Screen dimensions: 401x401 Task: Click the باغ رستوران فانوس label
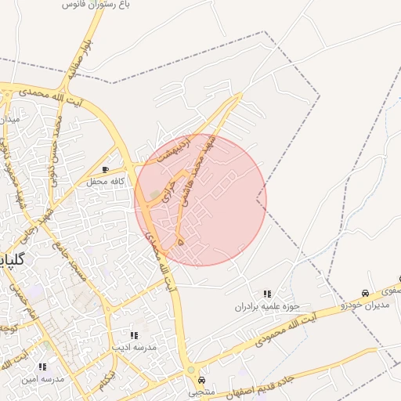pyautogui.click(x=97, y=5)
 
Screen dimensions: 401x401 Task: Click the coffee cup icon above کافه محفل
pyautogui.click(x=106, y=169)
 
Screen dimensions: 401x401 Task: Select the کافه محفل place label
pyautogui.click(x=107, y=182)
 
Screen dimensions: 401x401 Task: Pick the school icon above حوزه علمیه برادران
pyautogui.click(x=267, y=294)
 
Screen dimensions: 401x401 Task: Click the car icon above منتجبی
pyautogui.click(x=202, y=378)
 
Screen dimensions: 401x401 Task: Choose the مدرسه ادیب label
pyautogui.click(x=134, y=346)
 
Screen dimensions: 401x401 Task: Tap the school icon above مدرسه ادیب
pyautogui.click(x=133, y=334)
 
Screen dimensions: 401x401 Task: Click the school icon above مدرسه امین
pyautogui.click(x=42, y=366)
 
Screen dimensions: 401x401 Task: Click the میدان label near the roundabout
pyautogui.click(x=9, y=119)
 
